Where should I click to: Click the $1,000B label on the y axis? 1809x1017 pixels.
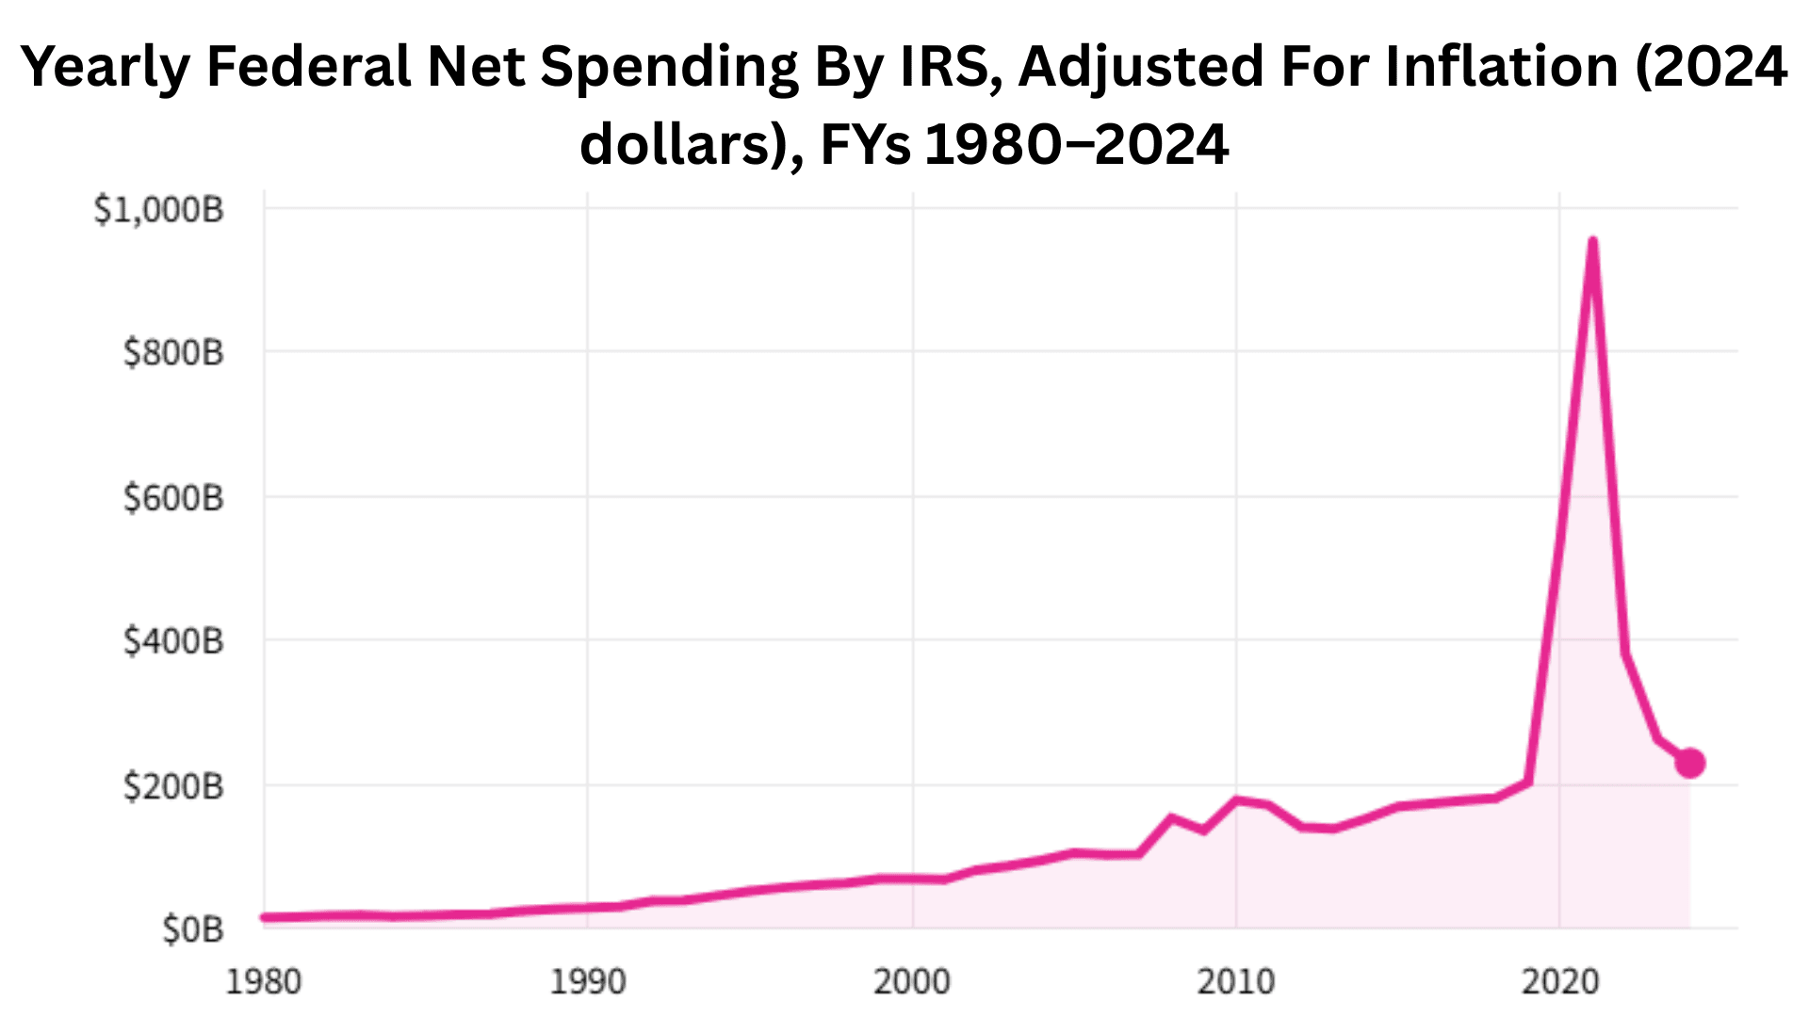[x=158, y=209]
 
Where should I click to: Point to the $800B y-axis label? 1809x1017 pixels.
[x=173, y=353]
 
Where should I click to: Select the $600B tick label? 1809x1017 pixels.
[x=173, y=497]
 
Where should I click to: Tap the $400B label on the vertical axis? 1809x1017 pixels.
[x=173, y=641]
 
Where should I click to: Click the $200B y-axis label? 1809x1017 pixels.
[x=173, y=785]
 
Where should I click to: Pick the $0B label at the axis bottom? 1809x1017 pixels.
[x=192, y=929]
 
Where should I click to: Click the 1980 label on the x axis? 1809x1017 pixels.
[x=264, y=982]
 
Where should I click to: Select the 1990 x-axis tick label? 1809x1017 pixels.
[x=588, y=982]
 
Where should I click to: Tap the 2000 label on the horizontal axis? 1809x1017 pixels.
[x=912, y=982]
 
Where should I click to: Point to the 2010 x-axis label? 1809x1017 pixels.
[x=1236, y=982]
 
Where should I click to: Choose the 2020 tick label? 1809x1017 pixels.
[x=1560, y=982]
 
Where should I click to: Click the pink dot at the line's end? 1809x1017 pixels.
[x=1690, y=763]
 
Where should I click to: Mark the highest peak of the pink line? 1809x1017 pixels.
[x=1592, y=242]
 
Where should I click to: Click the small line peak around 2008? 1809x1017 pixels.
[x=1171, y=817]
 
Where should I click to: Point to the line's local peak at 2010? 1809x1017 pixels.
[x=1236, y=799]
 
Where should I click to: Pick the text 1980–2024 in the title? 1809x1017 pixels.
[x=1077, y=145]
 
